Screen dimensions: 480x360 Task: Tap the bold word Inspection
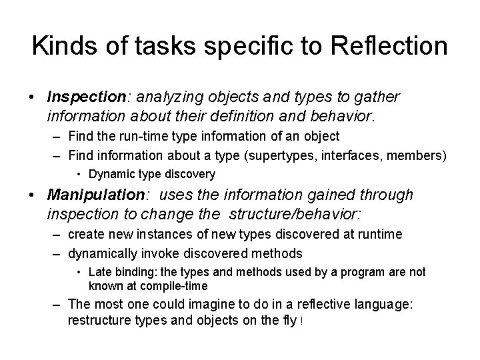point(85,97)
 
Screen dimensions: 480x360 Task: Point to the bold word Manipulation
point(91,195)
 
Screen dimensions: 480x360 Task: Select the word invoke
point(151,253)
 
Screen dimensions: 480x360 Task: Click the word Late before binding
point(100,272)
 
